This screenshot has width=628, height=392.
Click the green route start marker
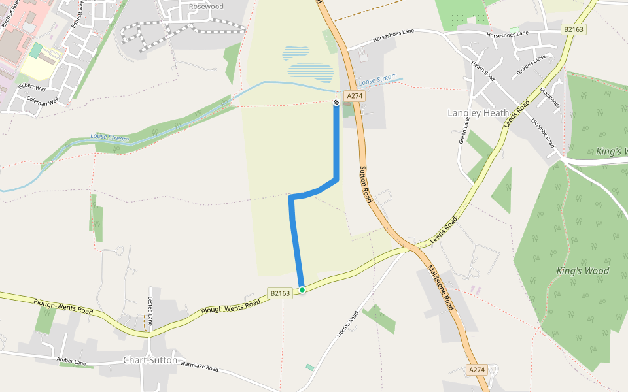coord(302,289)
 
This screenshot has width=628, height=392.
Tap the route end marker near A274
coord(336,102)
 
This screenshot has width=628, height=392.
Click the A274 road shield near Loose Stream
coord(355,96)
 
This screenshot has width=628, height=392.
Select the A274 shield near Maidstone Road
coord(477,370)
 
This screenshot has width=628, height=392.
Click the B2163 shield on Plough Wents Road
coord(279,294)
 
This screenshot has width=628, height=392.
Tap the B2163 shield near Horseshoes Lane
coord(573,29)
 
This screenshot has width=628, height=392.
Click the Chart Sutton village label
coord(150,360)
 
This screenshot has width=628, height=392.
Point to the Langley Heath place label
coord(478,113)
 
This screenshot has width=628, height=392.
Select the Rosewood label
coord(206,7)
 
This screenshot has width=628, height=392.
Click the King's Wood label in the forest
coord(583,270)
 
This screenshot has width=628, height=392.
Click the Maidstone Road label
coord(440,287)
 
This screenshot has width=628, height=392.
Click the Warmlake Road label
coord(199,367)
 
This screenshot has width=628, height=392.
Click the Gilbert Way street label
coord(32,87)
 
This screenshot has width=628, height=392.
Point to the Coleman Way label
coord(43,101)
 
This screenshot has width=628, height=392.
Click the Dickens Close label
coord(531,65)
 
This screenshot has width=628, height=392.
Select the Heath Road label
coord(483,72)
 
